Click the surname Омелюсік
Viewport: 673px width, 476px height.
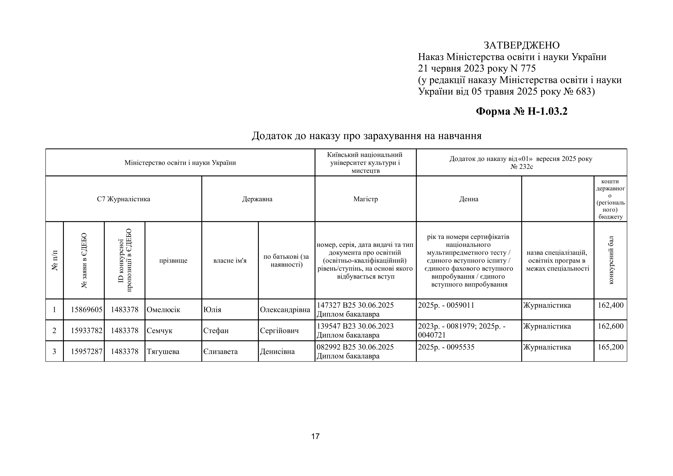pos(163,310)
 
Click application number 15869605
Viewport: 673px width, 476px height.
pos(87,310)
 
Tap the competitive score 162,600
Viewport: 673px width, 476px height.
pos(611,326)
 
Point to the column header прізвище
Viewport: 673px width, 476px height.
pos(173,261)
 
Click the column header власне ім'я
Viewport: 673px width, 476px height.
pos(230,261)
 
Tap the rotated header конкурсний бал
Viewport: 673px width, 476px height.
pos(611,260)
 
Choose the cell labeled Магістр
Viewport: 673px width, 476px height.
pos(366,199)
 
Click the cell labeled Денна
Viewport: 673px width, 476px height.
pos(469,199)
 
